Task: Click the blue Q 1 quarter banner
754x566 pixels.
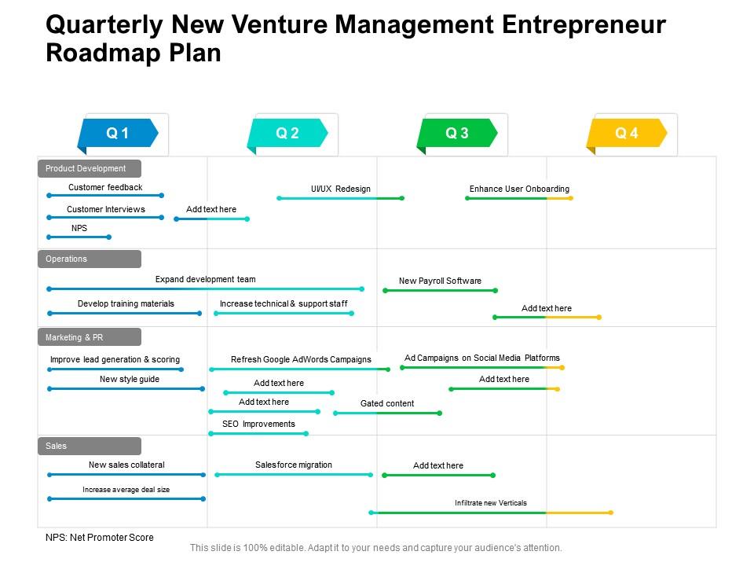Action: tap(118, 134)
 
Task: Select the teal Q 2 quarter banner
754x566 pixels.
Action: tap(287, 134)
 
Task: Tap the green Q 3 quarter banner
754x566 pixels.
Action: tap(457, 134)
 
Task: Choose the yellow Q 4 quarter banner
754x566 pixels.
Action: tap(627, 134)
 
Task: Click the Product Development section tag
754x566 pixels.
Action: tap(89, 168)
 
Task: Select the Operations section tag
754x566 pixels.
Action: tap(89, 259)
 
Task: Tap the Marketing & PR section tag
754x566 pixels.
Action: tap(89, 337)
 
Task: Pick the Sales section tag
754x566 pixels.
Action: tap(89, 446)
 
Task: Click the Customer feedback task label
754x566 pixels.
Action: tap(105, 187)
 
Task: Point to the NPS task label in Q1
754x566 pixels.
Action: tap(79, 228)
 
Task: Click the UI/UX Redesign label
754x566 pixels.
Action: tap(340, 189)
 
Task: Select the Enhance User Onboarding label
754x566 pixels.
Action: tap(519, 189)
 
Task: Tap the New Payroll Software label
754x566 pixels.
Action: tap(440, 281)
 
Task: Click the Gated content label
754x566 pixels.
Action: tap(387, 403)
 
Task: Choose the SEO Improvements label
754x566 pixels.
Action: tap(258, 424)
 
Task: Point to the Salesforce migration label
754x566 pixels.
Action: tap(294, 465)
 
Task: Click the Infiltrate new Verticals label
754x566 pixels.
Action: tap(491, 503)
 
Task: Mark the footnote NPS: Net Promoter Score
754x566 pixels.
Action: tap(100, 538)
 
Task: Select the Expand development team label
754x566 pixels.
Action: tap(205, 279)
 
